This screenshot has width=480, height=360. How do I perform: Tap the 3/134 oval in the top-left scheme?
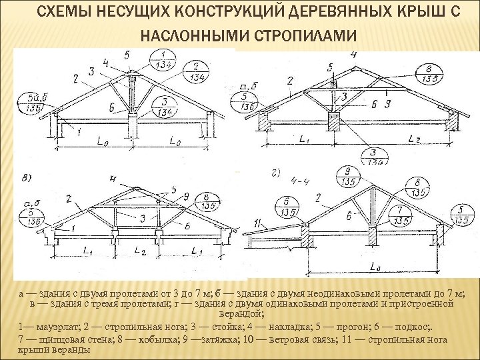pyautogui.click(x=161, y=106)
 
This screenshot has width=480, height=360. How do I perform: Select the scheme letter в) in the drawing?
pyautogui.click(x=26, y=179)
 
